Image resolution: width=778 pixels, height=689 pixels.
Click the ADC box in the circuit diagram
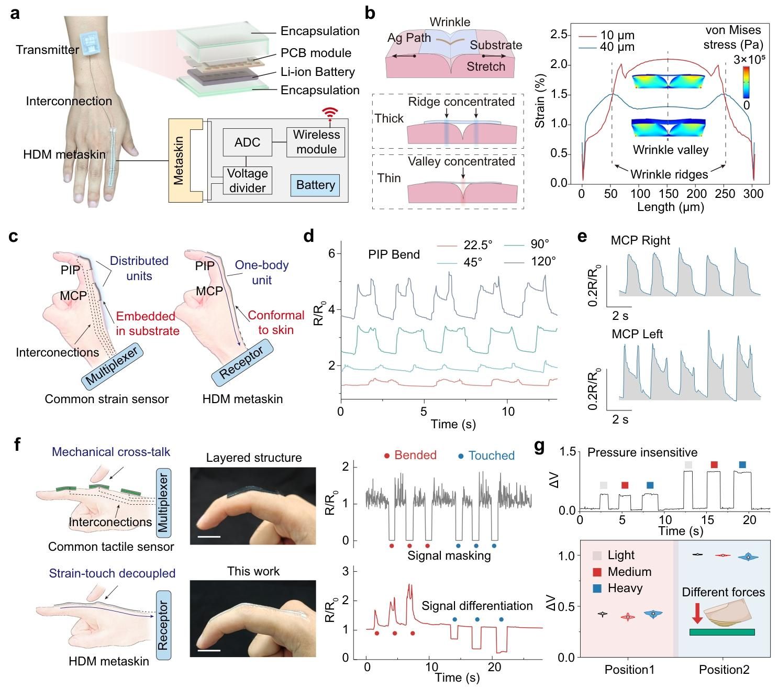point(248,142)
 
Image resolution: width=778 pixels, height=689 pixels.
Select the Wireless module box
point(316,141)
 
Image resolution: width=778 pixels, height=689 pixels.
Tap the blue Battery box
point(315,185)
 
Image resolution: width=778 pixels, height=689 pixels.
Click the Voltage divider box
point(248,181)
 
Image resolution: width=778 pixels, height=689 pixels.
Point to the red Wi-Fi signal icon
point(330,112)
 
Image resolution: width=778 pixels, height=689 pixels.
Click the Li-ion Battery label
point(317,72)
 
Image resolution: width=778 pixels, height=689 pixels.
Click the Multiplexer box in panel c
point(113,365)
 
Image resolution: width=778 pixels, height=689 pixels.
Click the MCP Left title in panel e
point(637,334)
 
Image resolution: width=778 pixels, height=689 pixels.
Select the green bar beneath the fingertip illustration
point(722,632)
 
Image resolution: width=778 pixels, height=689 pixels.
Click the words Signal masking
point(449,555)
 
